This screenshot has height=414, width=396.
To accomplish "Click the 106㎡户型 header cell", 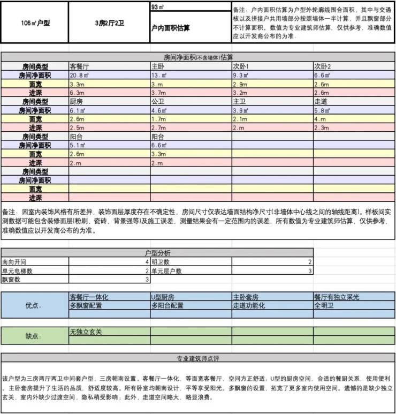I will coord(35,23).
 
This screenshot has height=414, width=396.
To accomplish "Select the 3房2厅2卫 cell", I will coord(109,23).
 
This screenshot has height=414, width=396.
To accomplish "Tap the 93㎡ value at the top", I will coord(159,7).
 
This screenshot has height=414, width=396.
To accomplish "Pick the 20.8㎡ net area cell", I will coord(82,76).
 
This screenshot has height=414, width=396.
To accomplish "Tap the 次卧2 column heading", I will coord(324,66).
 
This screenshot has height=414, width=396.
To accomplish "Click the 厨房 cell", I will coord(77,101).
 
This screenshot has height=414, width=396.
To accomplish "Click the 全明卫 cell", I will coord(323,306).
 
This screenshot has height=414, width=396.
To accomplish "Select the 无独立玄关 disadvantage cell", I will coord(86,332).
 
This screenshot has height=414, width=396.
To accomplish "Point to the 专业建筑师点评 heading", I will coord(198,359).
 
